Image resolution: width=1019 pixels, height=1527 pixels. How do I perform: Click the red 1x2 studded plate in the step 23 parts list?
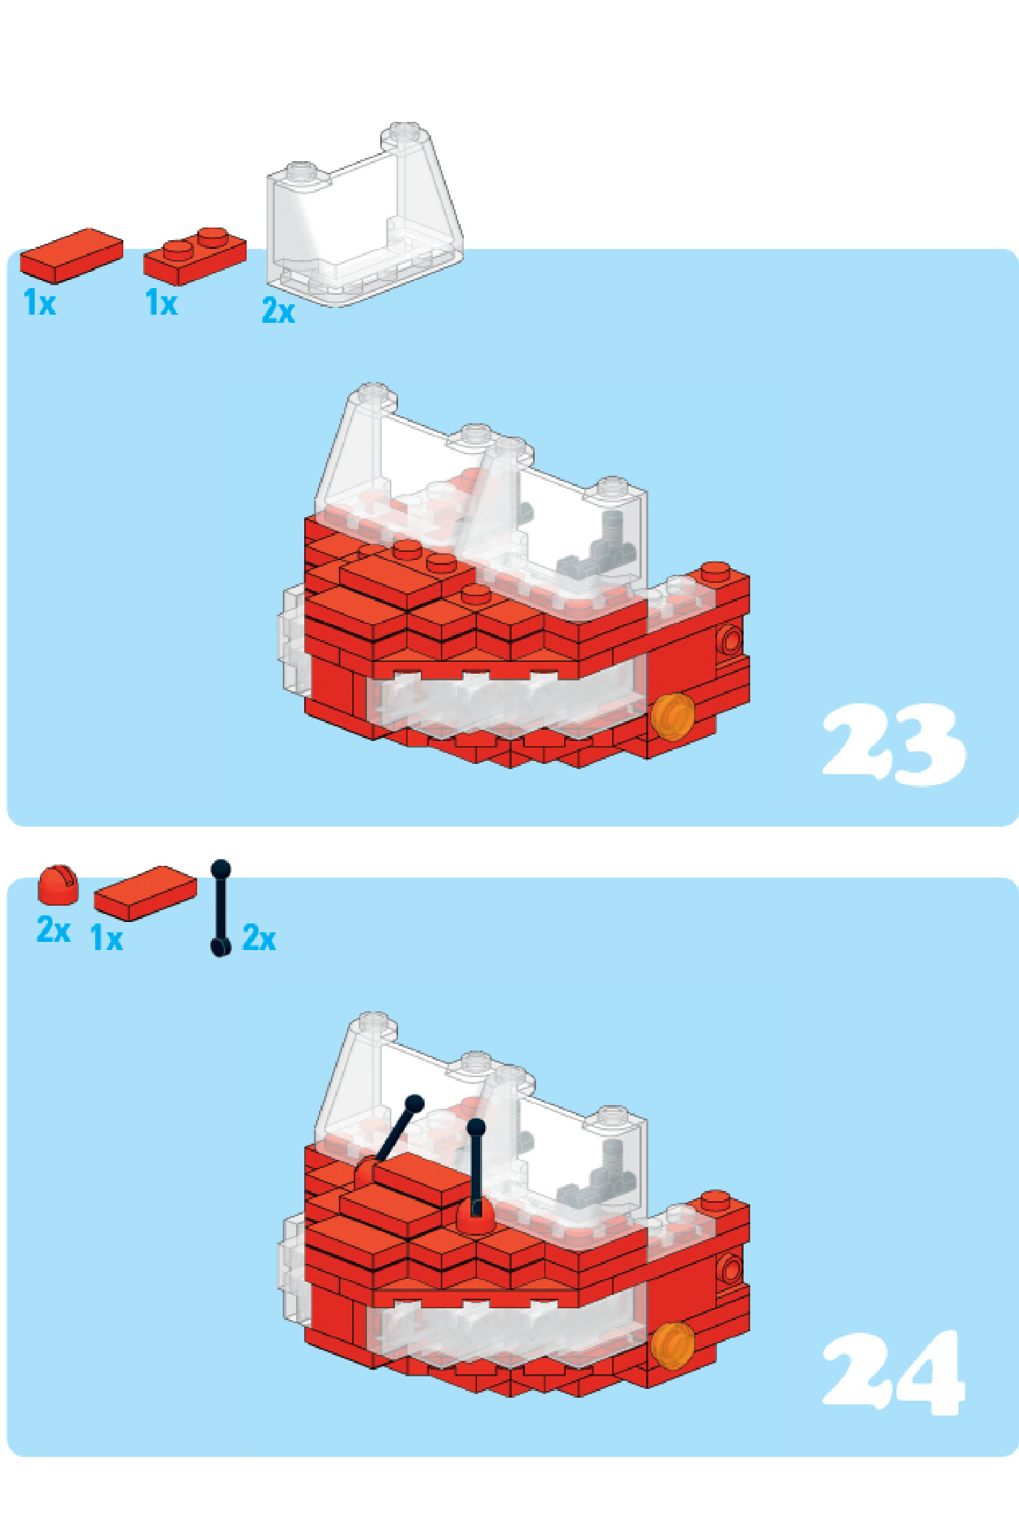195,256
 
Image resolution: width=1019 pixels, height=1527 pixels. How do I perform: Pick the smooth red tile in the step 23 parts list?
72,256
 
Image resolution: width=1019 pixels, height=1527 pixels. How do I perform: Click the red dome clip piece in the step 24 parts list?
58,884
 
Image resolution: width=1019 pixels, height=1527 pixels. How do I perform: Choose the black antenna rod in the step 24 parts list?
221,908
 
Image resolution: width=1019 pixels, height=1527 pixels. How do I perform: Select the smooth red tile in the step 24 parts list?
145,894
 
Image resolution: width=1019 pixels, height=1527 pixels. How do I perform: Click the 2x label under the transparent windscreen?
278,311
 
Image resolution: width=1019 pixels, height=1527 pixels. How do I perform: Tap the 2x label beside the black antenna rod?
259,938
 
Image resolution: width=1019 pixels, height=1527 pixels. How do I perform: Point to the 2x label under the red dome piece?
54,929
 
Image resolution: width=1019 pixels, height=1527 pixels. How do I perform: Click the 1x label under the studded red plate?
162,303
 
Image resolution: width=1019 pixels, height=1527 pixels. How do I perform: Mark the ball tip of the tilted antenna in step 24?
415,1104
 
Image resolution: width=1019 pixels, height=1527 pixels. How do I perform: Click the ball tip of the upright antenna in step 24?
476,1127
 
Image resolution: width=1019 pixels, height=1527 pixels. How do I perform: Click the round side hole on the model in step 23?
730,640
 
